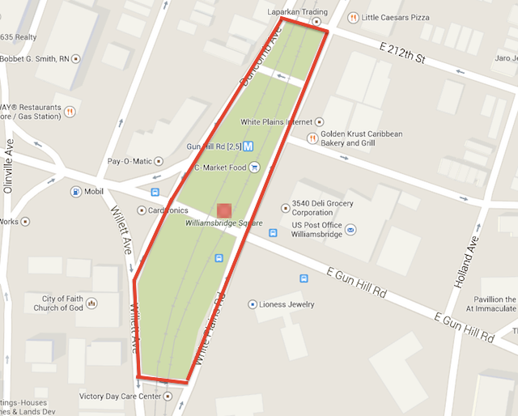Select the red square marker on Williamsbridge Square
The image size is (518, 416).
[224, 210]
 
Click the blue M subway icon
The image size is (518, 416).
[248, 146]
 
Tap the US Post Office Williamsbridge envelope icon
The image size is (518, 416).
[350, 230]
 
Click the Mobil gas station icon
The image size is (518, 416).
[76, 192]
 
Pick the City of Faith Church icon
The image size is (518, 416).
[91, 304]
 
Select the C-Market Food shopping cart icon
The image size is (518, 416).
[254, 168]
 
